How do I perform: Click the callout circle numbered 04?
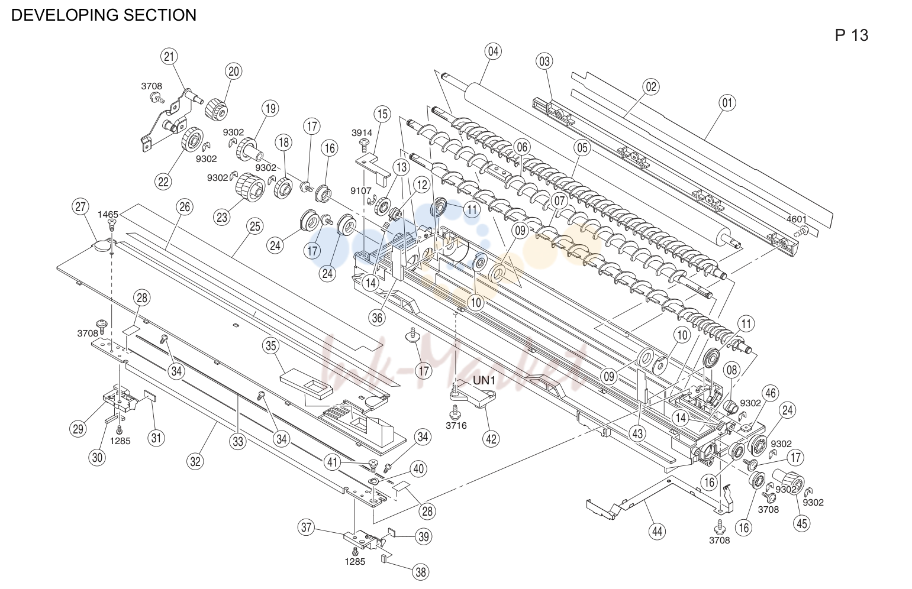point(493,51)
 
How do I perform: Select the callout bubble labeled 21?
point(169,57)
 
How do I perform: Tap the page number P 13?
point(851,35)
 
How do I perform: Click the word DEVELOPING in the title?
point(65,15)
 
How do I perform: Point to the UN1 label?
point(484,381)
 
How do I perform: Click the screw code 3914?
point(362,133)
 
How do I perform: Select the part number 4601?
point(797,219)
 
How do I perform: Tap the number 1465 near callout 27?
point(108,214)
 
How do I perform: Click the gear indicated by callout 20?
point(216,109)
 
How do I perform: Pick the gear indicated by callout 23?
point(250,187)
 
